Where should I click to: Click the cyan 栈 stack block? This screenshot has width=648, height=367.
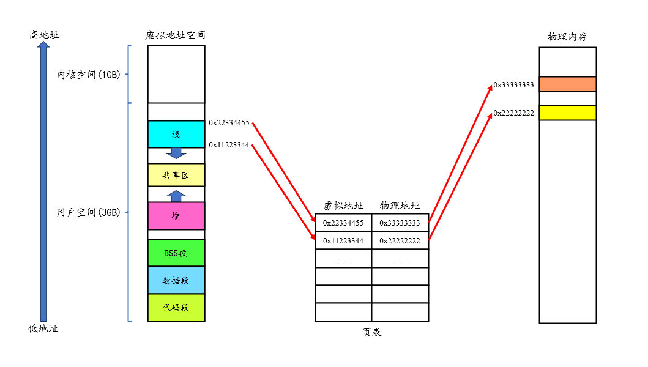[176, 134]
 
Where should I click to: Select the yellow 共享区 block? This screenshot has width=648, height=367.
[176, 175]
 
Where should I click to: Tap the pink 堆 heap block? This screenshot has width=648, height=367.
[176, 215]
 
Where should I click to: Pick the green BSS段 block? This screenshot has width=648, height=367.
[176, 253]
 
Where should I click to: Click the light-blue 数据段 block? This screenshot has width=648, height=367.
[176, 280]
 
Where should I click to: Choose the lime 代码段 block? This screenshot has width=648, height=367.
[176, 307]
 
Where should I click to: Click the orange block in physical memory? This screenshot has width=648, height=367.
[567, 84]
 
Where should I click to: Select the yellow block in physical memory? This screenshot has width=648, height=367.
[567, 113]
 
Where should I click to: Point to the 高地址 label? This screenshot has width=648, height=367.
[44, 35]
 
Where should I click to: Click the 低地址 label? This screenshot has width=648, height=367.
[43, 328]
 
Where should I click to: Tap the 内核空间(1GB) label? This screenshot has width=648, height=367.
[89, 75]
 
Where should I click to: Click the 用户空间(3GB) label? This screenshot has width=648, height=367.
[89, 213]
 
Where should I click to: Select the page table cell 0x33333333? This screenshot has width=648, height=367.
[400, 223]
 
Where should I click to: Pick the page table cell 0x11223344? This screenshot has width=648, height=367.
[343, 241]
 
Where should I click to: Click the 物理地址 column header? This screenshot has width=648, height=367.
[400, 206]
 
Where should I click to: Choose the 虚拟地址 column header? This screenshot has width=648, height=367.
[343, 206]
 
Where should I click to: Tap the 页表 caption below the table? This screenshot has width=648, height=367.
[371, 332]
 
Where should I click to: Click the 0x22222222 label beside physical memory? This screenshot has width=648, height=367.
[513, 113]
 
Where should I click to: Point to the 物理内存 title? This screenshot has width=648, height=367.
[567, 37]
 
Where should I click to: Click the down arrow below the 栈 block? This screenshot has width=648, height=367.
[176, 153]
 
